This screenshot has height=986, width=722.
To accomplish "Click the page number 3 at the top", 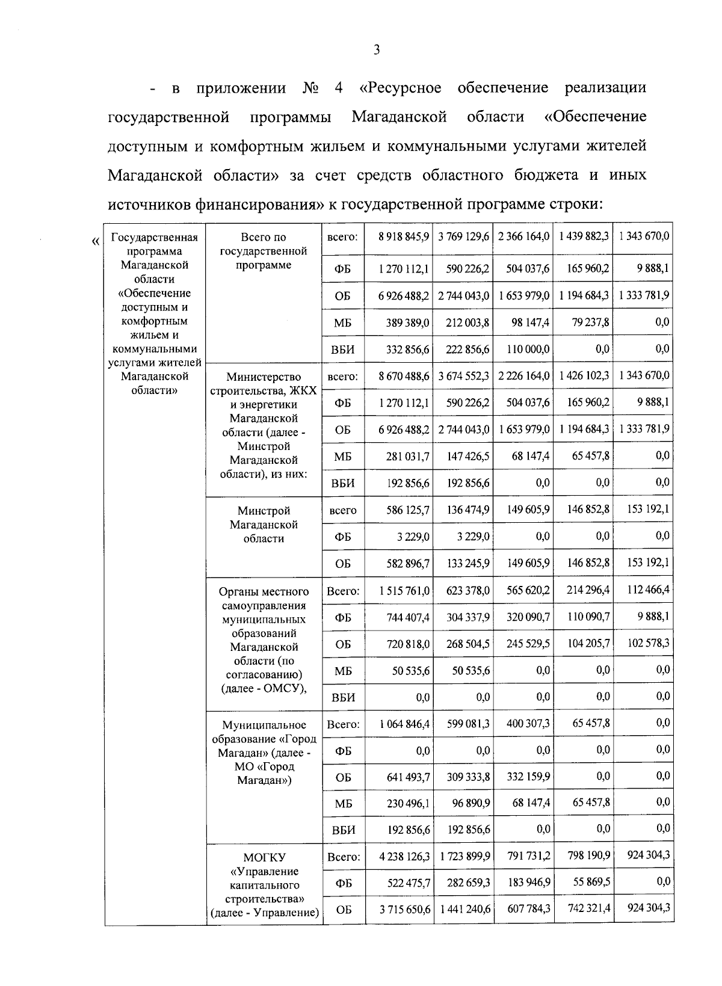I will pos(376,51).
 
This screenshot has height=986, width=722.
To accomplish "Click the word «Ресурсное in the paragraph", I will pos(400,88).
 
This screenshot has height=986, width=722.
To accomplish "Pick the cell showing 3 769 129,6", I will pos(464,237).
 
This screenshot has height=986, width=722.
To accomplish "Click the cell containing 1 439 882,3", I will pos(583,237).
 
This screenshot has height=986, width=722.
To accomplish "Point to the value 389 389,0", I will pos(407,323).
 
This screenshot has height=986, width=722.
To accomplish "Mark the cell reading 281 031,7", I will pos(407,457).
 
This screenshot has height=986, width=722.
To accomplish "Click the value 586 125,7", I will pos(407,510).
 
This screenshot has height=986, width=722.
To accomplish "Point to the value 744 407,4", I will pos(407,617).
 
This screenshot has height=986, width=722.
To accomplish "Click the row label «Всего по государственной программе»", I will pos(264,251).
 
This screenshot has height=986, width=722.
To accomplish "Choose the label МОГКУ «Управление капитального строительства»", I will pos(264,885).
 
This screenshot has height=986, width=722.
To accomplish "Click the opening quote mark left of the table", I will pos(96,242).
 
